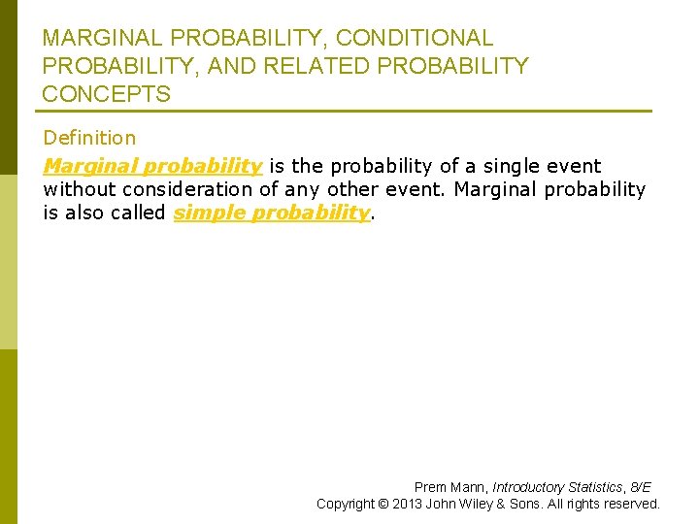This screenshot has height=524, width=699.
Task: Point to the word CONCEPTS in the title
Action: [107, 95]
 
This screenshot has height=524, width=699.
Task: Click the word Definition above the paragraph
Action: [89, 139]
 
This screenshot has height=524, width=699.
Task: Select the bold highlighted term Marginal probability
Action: [152, 167]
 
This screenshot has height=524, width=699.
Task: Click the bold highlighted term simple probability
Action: [272, 213]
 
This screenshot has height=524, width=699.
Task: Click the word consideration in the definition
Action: [192, 190]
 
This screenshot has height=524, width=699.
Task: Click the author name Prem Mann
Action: [449, 487]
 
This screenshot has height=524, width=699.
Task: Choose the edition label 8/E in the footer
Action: [642, 487]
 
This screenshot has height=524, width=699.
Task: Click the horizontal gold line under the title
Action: [347, 111]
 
